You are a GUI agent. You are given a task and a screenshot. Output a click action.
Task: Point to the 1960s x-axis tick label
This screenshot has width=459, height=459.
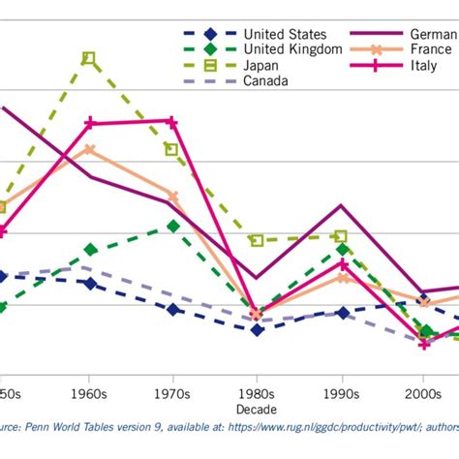point(89,395)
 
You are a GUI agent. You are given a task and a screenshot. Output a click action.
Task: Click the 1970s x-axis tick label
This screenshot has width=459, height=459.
point(172,395)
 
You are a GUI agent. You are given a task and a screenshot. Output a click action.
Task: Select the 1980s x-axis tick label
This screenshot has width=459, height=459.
point(257,395)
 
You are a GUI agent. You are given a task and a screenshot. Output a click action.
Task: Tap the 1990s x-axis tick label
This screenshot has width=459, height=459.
point(341,395)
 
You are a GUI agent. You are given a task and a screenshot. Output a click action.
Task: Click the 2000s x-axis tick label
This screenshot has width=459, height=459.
point(424,395)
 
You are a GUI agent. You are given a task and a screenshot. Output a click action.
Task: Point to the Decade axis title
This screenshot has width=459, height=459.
point(257,410)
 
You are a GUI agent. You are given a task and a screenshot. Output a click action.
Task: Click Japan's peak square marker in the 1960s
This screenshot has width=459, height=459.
point(89,58)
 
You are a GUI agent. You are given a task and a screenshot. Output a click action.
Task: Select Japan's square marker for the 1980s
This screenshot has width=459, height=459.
point(257,240)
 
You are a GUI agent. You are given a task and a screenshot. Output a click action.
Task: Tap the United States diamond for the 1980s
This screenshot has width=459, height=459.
point(257,329)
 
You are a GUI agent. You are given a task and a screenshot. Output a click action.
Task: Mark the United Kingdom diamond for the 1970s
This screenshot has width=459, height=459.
point(173,226)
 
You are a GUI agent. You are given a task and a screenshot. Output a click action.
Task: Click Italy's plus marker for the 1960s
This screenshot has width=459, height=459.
point(89,123)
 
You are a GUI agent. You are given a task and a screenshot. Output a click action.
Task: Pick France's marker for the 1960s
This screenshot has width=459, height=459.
point(89,149)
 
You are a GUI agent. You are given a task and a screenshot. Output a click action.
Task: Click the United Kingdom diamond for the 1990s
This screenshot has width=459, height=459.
point(342,250)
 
